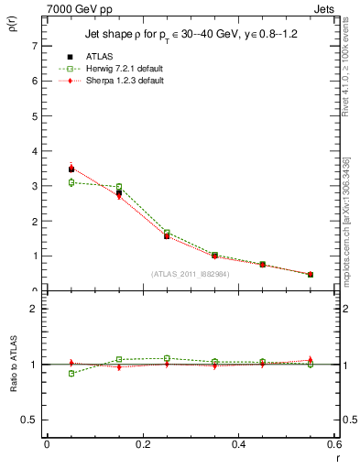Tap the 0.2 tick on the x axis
point(142,444)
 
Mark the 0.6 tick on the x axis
point(334,444)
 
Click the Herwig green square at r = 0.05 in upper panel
point(71,182)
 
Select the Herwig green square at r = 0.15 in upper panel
point(119,187)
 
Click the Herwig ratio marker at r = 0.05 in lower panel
point(71,373)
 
